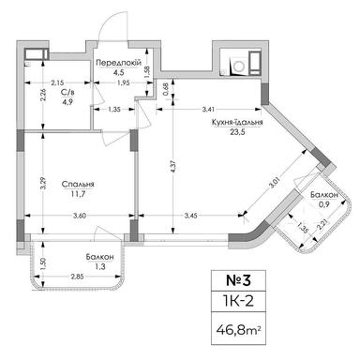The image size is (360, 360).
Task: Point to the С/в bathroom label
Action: tap(68, 94)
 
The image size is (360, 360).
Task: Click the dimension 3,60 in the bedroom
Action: tap(80, 217)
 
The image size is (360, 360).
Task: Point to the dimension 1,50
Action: tap(43, 262)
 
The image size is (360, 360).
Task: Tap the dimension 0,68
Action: tap(165, 90)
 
